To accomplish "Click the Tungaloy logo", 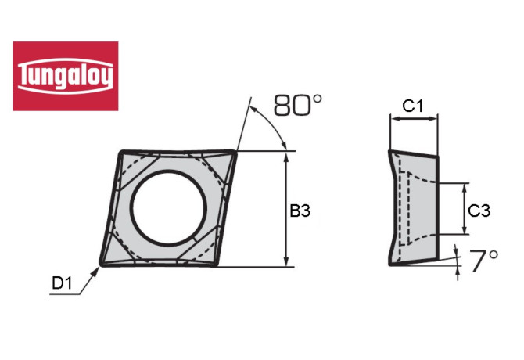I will click(66, 76).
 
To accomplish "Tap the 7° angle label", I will click(483, 260).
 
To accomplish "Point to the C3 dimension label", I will click(479, 210).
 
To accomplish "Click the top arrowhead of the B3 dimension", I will click(287, 156).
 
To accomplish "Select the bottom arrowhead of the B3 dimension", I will click(287, 262).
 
